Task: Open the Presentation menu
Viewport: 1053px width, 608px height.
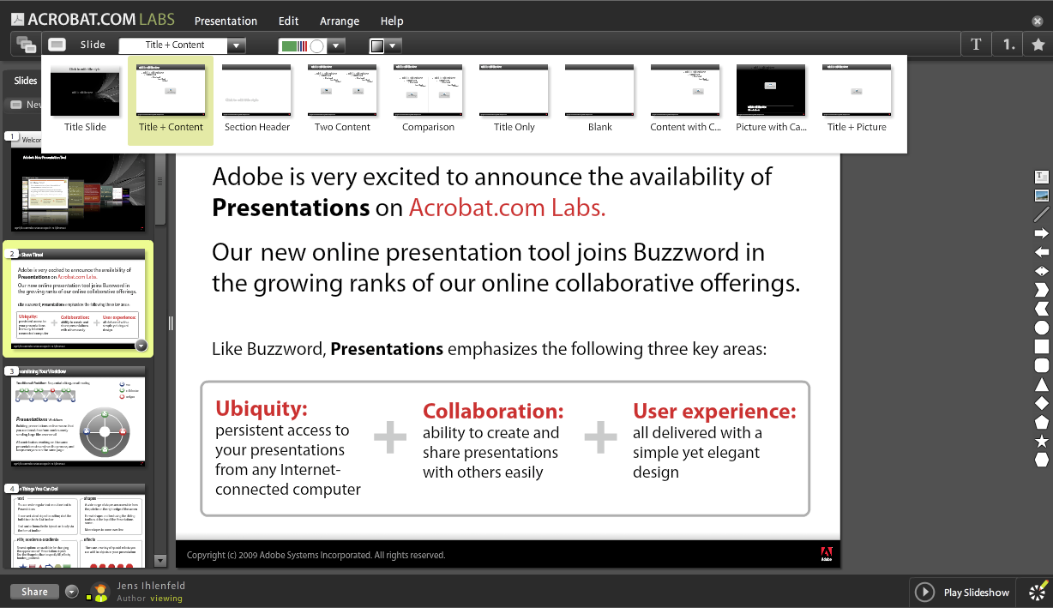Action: coord(226,21)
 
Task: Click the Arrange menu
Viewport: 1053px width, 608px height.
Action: coord(340,21)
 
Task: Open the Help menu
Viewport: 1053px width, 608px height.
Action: coord(392,21)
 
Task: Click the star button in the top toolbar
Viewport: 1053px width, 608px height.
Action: coord(1038,45)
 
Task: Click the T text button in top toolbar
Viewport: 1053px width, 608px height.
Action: coord(976,45)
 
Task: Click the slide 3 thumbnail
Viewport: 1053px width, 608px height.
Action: coord(78,421)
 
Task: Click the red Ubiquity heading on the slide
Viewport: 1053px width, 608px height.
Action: coord(262,408)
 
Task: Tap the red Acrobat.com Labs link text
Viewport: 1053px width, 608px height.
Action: coord(507,208)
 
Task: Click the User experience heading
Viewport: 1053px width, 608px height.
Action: coord(714,411)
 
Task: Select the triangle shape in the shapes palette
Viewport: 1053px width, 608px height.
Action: coord(1042,385)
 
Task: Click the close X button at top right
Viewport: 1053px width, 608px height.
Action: coord(1038,21)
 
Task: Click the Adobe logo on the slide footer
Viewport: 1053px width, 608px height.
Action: coord(827,554)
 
